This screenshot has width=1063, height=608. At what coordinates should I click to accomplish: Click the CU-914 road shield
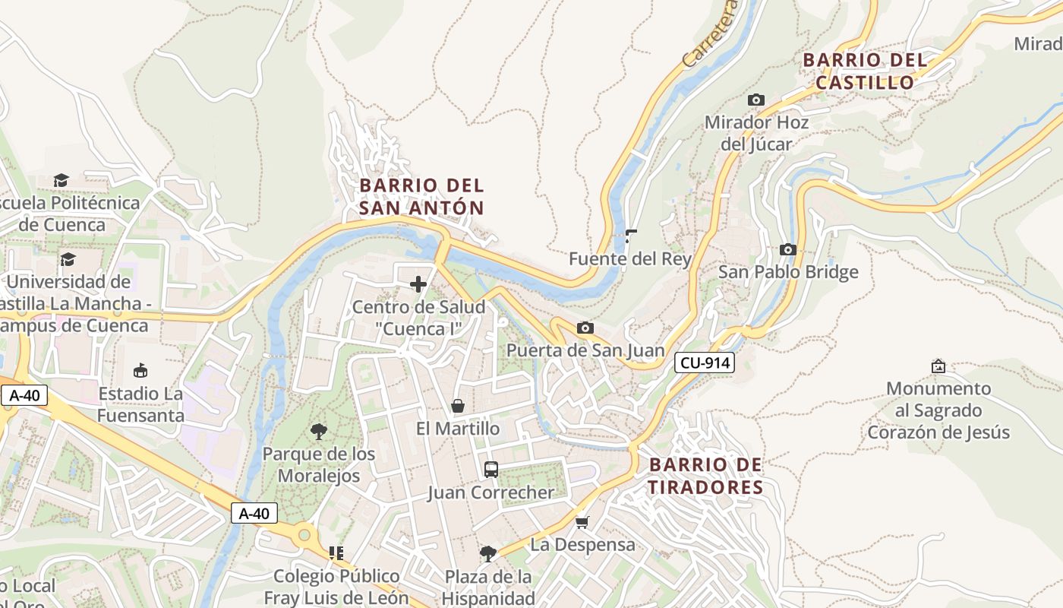tap(705, 363)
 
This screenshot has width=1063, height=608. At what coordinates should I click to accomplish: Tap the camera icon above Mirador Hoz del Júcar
tap(755, 100)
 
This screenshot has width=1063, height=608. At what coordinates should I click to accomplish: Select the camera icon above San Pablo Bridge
tap(787, 249)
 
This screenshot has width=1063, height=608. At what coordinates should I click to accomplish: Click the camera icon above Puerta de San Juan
tap(585, 328)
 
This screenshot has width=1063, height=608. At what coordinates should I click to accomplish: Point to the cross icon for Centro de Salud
tap(418, 284)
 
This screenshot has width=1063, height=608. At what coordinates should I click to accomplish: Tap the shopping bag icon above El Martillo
tap(458, 406)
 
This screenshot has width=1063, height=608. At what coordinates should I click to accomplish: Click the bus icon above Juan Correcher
tap(490, 470)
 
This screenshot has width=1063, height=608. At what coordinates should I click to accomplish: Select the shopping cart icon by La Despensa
tap(582, 522)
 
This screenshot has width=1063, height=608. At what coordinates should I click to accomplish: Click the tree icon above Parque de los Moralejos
tap(319, 432)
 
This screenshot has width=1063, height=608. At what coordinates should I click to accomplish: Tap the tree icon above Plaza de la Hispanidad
tap(488, 553)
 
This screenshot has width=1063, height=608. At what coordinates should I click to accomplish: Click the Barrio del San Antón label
tap(421, 197)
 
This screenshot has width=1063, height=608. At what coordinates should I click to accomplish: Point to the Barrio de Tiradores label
tap(705, 476)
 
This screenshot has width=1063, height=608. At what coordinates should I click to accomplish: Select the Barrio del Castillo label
tap(865, 71)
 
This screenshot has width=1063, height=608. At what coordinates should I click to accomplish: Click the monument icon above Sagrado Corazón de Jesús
tap(938, 366)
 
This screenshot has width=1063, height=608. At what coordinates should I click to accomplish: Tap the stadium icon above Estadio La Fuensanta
tap(140, 371)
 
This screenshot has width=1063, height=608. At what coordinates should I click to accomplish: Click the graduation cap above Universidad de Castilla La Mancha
tap(68, 259)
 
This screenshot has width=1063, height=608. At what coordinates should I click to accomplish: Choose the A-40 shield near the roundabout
tap(254, 514)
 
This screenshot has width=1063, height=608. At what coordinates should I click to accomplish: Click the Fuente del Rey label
tap(630, 259)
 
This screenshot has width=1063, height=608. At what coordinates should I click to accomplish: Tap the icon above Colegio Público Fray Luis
tap(336, 553)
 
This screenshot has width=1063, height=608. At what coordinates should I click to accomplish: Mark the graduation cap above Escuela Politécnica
tap(61, 180)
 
